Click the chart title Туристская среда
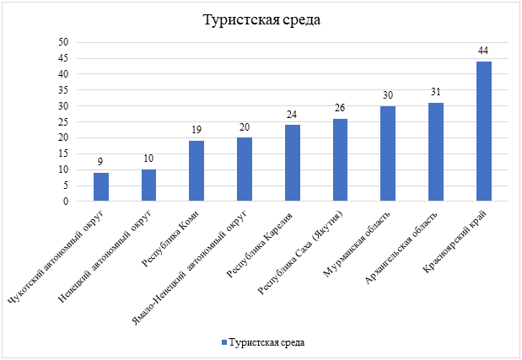point(261,20)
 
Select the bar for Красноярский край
point(483,132)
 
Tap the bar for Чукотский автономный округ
point(100,187)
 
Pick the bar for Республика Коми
point(196,171)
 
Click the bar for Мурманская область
point(388,153)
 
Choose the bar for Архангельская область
point(435,152)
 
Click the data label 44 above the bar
point(483,51)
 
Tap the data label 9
point(100,162)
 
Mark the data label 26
point(340,108)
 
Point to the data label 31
point(435,92)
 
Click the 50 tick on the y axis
point(62,42)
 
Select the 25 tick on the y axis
point(62,122)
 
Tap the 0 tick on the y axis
point(65,201)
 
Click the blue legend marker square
point(223,343)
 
